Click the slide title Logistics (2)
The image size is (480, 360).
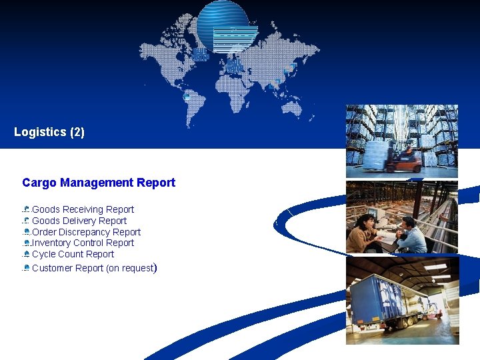49,132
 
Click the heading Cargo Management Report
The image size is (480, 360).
99,183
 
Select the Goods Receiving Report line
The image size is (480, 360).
83,209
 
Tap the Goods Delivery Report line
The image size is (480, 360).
79,221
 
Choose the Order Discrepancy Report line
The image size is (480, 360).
86,232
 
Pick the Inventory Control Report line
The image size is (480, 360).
83,243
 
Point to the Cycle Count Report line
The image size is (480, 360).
73,254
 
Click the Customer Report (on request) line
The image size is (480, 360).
93,268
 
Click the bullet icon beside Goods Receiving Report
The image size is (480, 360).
26,209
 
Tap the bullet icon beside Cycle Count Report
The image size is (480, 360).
26,254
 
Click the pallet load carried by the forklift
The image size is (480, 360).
376,155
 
